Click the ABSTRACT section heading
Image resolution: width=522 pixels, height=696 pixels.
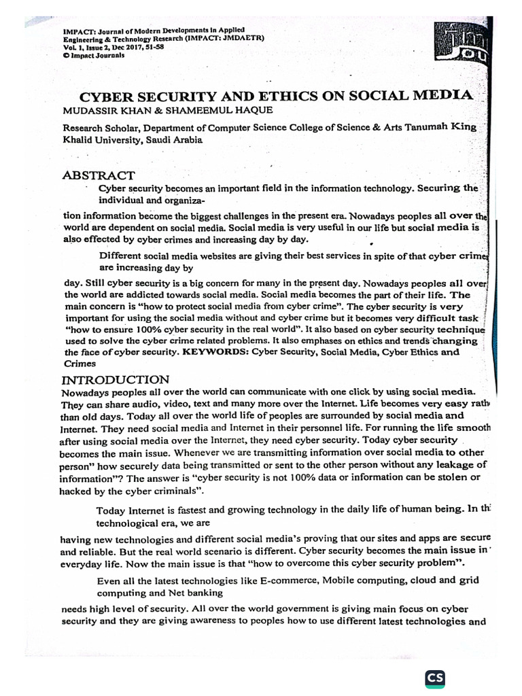pyautogui.click(x=98, y=175)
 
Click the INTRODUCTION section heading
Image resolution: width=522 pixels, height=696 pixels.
pyautogui.click(x=116, y=379)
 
